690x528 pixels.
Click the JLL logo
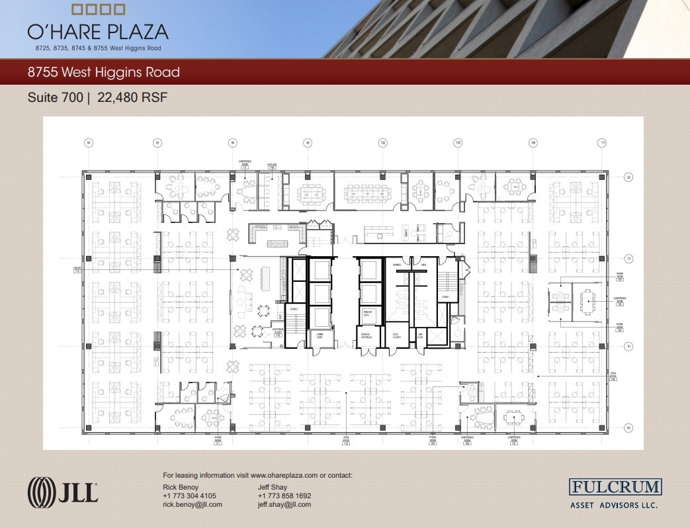click(x=63, y=493)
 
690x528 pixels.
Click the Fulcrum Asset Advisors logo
click(x=615, y=493)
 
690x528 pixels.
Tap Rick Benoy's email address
click(x=193, y=504)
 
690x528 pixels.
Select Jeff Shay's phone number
click(x=284, y=496)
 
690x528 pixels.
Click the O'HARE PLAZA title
click(x=98, y=32)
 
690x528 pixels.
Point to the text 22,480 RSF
click(x=132, y=97)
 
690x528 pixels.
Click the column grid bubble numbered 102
click(x=382, y=142)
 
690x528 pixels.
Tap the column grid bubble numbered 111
click(x=603, y=142)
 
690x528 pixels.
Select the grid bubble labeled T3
click(x=628, y=258)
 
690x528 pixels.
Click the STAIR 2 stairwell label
click(x=293, y=309)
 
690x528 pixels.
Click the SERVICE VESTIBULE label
click(x=366, y=337)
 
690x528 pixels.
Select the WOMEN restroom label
click(x=397, y=265)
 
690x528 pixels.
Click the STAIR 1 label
click(x=446, y=297)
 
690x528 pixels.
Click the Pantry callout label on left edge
click(x=77, y=269)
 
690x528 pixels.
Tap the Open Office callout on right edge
click(x=613, y=377)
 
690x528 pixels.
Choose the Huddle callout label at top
click(x=272, y=166)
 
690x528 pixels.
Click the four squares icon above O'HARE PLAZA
click(x=98, y=9)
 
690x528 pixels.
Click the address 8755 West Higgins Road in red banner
click(x=104, y=72)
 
